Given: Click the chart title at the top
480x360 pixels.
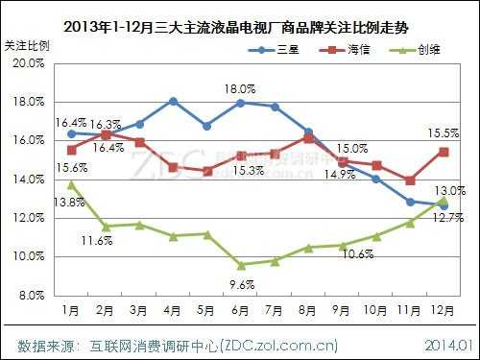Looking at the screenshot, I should [240, 27].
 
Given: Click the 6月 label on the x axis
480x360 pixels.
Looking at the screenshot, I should [240, 312].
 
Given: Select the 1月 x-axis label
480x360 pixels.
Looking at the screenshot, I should [71, 312].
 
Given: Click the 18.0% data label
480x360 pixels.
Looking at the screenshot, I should [240, 89].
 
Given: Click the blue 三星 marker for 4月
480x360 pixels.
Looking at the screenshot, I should [173, 101].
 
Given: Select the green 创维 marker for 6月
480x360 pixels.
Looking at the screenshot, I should [240, 265].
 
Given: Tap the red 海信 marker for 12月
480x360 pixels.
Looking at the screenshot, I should [443, 151].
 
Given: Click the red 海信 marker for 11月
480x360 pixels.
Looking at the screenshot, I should [410, 180].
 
